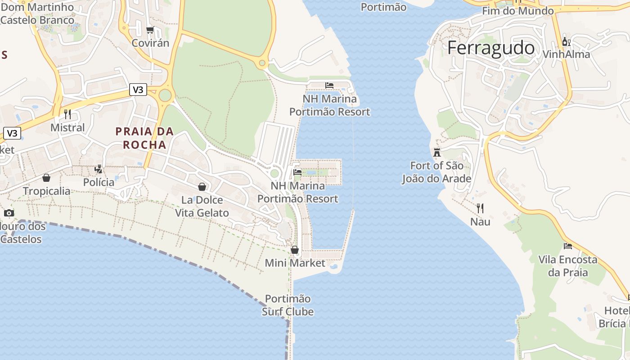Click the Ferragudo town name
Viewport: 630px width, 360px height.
(x=491, y=48)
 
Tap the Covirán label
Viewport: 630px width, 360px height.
(x=150, y=43)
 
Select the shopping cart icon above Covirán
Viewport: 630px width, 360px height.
(x=150, y=30)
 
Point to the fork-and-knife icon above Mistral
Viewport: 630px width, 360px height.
(x=67, y=114)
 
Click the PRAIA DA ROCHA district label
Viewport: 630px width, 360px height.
(x=144, y=138)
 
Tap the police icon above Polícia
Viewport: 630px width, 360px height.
(x=99, y=169)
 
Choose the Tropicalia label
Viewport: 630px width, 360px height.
(x=47, y=191)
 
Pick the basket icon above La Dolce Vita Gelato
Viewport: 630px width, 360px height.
(x=202, y=186)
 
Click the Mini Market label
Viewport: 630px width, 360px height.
(x=295, y=263)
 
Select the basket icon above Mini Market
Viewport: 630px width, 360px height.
(x=295, y=249)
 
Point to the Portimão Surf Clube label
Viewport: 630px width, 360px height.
(x=288, y=305)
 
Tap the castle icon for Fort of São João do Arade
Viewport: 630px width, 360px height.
(x=436, y=152)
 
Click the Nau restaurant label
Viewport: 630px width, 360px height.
(x=480, y=222)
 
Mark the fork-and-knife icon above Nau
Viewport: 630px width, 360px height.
(x=480, y=208)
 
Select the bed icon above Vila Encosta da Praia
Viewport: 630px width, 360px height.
(x=568, y=246)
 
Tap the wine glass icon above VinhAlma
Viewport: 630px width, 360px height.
(x=566, y=42)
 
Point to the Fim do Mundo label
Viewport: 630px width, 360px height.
(x=517, y=11)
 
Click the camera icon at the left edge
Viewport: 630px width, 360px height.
(x=9, y=213)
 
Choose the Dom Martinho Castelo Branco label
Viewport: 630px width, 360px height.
(x=37, y=13)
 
